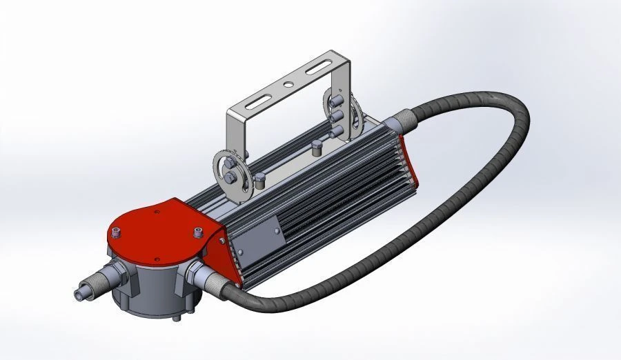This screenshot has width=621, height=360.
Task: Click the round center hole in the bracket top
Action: [x=286, y=86]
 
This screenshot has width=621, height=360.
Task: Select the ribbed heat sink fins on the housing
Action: [x=324, y=193]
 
